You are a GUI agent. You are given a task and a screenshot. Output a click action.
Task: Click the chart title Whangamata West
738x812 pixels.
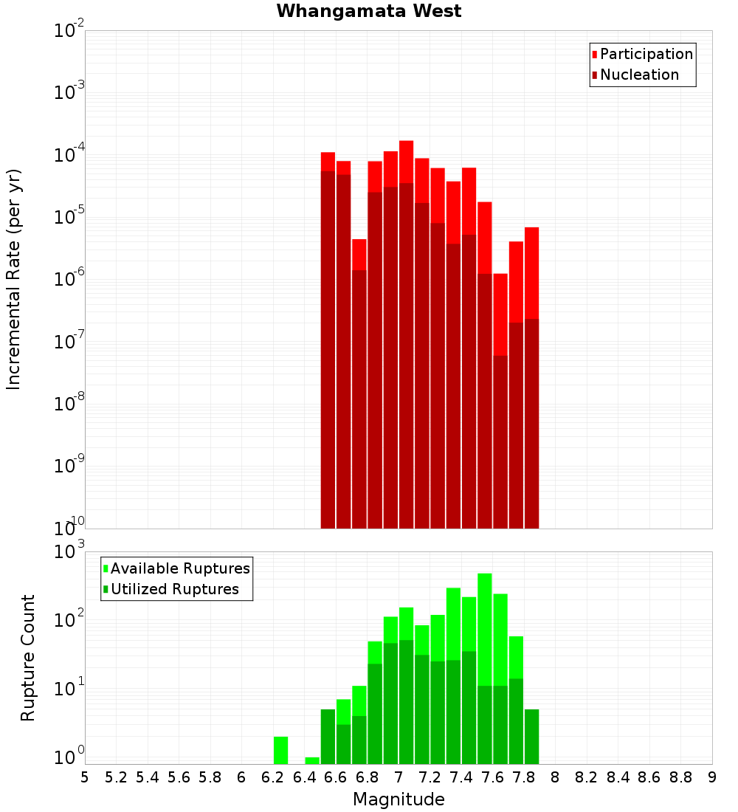pos(369,11)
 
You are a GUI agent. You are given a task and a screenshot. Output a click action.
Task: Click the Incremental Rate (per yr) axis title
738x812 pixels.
pos(14,279)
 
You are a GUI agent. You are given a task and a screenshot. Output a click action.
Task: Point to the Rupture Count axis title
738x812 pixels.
pos(28,658)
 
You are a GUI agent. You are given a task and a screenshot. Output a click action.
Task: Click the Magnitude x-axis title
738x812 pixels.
pos(399,799)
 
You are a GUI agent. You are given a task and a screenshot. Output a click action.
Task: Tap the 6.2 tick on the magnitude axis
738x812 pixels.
pos(273,777)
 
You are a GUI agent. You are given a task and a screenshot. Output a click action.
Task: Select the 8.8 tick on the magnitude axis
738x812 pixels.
pos(680,777)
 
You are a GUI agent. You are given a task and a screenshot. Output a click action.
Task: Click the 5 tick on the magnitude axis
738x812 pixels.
pos(85,777)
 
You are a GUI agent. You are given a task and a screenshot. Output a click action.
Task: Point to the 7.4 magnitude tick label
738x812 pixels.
pos(461,777)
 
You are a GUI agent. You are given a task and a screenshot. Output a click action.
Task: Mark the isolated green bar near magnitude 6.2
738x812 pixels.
pos(280,750)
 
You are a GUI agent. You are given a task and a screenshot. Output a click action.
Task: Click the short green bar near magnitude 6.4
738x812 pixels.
pos(312,760)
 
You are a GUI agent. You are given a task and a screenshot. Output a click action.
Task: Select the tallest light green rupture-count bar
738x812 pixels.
pos(485,627)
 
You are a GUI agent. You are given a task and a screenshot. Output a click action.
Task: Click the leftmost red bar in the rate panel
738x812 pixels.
pos(328,340)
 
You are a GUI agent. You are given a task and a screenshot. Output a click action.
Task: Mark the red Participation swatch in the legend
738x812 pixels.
pos(594,55)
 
